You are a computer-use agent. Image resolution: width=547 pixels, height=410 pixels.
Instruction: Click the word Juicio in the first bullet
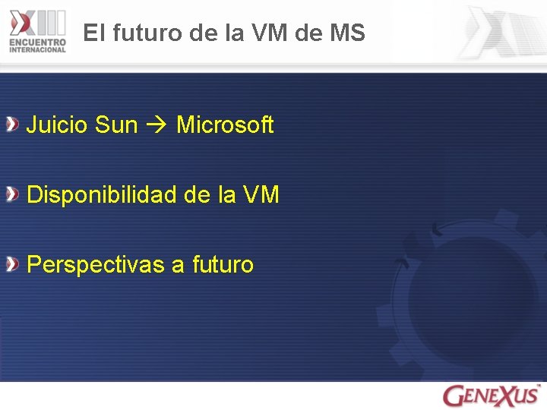58,125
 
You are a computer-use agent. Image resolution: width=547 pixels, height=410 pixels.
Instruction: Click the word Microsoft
224,125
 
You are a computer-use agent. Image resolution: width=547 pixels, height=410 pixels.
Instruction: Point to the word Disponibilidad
102,195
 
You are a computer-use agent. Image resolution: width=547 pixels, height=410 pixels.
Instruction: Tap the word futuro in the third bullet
223,264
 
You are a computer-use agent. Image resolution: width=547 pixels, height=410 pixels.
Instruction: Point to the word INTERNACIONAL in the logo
38,50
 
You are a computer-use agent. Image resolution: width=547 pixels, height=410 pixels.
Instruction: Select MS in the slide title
348,33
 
